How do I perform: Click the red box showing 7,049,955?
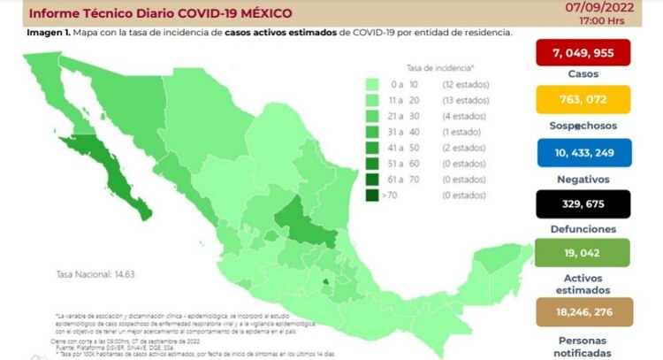pos(582,52)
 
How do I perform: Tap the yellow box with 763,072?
pos(582,98)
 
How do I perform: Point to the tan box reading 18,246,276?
pos(582,312)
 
